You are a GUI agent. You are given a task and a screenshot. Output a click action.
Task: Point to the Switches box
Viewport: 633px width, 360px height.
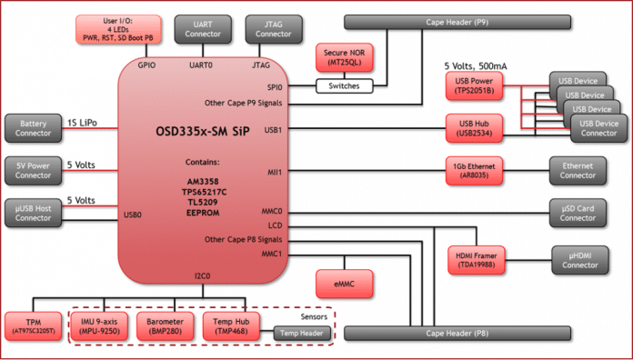coord(347,87)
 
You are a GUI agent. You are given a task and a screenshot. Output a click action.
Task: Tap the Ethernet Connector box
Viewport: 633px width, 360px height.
coord(578,168)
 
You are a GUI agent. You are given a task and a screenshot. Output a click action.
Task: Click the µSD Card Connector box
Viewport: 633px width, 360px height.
coord(578,212)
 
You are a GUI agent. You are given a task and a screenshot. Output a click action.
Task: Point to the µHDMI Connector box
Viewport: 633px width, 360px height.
coord(578,259)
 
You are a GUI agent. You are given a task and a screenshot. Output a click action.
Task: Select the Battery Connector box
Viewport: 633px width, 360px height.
coord(35,128)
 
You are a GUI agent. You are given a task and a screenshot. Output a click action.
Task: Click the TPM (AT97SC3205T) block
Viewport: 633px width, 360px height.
coord(35,325)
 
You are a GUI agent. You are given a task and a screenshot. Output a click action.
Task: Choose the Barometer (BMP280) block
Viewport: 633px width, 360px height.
coord(167,325)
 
